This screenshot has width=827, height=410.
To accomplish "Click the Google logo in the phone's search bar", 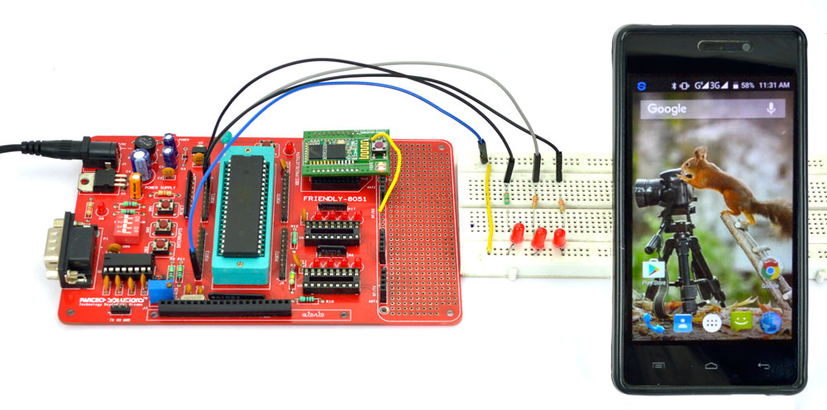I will [667, 108].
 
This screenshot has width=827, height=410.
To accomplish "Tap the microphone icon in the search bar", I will [771, 108].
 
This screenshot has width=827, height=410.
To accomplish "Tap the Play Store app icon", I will [655, 269].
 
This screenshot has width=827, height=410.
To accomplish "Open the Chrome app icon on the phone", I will [772, 270].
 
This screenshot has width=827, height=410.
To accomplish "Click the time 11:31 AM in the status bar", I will [772, 85].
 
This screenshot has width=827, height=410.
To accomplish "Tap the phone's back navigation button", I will [762, 364].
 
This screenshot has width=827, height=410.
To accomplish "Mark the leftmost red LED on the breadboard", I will [518, 235].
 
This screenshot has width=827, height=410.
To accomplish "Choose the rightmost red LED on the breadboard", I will [559, 238].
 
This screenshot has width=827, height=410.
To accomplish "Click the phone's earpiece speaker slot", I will [710, 44].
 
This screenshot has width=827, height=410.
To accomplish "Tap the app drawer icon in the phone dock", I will [710, 323].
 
